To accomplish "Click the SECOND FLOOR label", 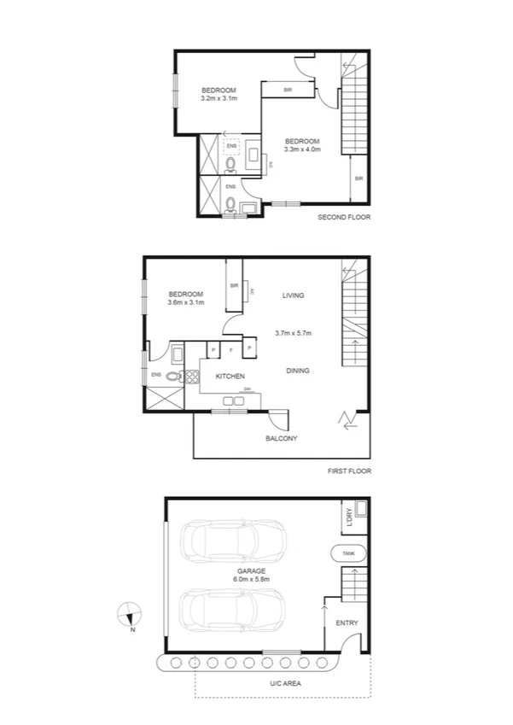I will [x=344, y=217].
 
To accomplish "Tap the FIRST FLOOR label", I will [x=349, y=471].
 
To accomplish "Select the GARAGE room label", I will [x=251, y=570].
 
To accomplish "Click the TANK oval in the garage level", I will [x=348, y=553].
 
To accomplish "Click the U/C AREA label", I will [x=286, y=683].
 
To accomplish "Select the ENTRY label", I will [x=347, y=623].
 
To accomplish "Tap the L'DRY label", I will [x=348, y=517].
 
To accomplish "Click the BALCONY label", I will [x=282, y=438].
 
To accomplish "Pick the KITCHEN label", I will [x=230, y=377].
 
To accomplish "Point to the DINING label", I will [x=298, y=371].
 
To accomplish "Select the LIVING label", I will [x=294, y=295].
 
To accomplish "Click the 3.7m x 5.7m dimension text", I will [x=294, y=333].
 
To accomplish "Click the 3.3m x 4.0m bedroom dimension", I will [x=302, y=150].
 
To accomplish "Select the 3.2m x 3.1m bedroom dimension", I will [x=219, y=99].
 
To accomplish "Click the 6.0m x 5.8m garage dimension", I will [x=251, y=580].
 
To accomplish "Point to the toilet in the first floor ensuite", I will [x=174, y=375].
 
